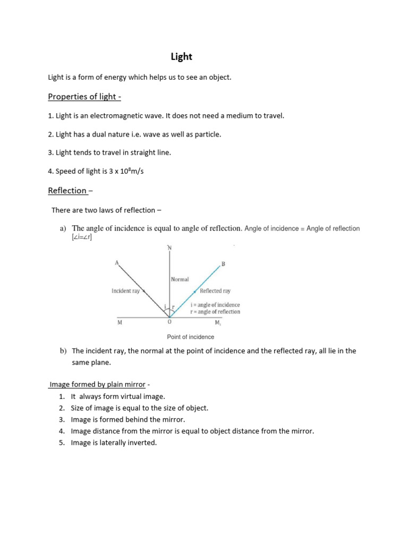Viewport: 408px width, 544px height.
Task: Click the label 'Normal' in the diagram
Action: coord(180,279)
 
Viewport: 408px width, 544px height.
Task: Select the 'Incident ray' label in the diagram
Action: coord(125,291)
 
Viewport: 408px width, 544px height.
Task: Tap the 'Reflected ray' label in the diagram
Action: coord(215,291)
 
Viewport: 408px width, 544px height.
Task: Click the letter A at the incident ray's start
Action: coord(116,262)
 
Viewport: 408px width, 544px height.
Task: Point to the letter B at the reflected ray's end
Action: coord(223,264)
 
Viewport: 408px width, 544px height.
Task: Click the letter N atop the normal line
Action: coord(169,248)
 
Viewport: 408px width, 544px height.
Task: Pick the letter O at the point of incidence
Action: coord(169,322)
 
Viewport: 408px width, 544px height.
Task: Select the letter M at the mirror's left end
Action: coord(120,322)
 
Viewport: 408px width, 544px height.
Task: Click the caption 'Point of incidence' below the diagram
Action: coord(190,337)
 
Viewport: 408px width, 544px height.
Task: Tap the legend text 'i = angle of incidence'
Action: coord(215,305)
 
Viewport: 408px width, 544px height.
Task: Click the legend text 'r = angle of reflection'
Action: coord(215,312)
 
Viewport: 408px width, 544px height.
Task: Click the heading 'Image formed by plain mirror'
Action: coord(97,385)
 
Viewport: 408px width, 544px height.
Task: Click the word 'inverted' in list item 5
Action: coord(142,443)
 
